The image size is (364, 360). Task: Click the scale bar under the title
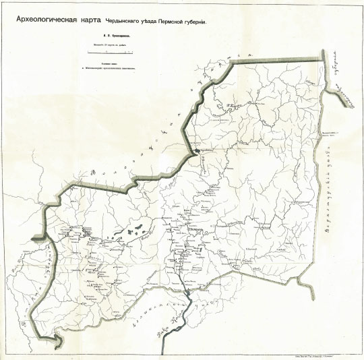[108, 52]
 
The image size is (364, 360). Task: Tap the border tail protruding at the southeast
[311, 296]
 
